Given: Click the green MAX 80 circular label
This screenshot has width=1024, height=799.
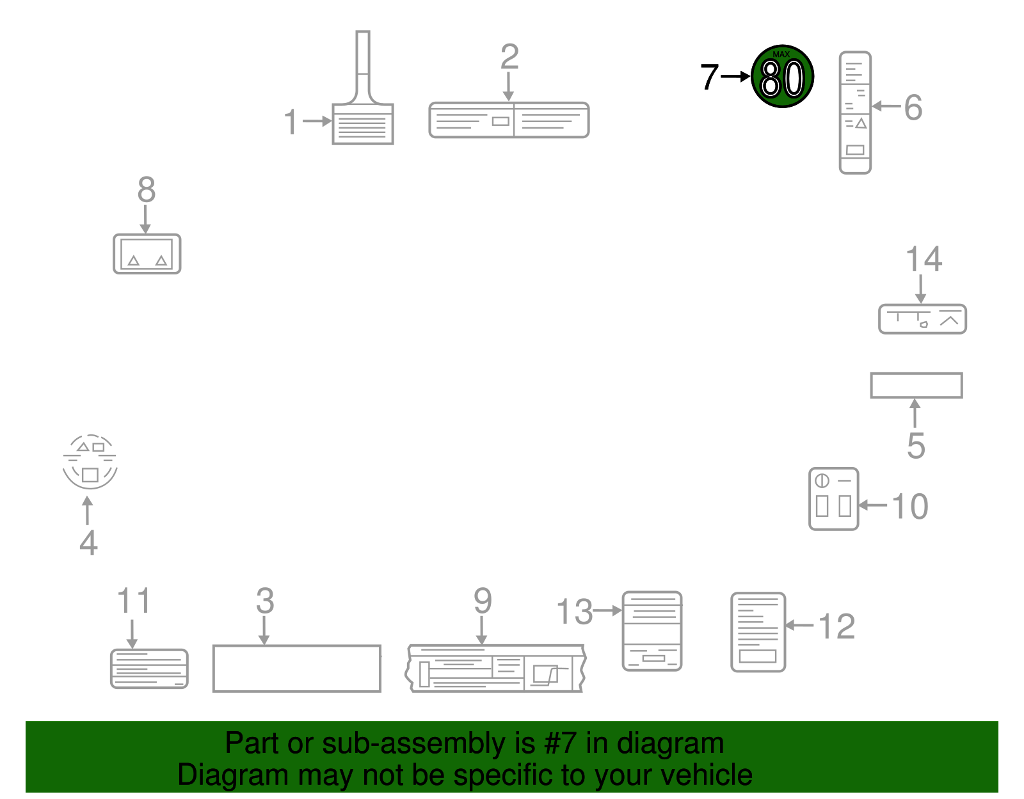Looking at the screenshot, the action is pos(782,76).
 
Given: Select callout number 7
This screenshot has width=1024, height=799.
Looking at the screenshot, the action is pos(709,77).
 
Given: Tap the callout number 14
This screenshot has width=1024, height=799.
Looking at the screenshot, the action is pos(924,259).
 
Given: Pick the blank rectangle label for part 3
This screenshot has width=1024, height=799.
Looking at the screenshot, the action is pos(297,668).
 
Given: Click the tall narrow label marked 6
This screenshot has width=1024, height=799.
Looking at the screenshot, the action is pos(855,113).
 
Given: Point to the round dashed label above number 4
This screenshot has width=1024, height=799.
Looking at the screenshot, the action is pos(90,462).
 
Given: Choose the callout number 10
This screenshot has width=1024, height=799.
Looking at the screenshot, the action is pos(910,507).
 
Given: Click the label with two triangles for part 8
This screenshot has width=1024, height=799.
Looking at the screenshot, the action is pos(147,254).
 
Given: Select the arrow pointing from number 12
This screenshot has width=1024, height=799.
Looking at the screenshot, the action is pos(799,625).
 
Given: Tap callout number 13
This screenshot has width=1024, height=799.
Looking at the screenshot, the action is pos(575,612).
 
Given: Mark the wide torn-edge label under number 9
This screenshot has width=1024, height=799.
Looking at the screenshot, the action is pos(495,668).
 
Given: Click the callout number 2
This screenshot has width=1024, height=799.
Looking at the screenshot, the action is pos(509,56).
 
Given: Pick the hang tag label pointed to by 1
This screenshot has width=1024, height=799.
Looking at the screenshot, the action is pos(363,88).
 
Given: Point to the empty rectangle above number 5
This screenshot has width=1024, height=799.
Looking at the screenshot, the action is pos(916,386).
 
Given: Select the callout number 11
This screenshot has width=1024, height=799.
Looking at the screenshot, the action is pos(134,600).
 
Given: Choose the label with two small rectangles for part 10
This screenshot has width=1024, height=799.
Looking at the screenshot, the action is pos(834,498).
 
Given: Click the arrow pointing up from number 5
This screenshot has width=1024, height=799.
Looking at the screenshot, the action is pos(915,413).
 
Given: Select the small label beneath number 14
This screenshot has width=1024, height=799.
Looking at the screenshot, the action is pos(923,319).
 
